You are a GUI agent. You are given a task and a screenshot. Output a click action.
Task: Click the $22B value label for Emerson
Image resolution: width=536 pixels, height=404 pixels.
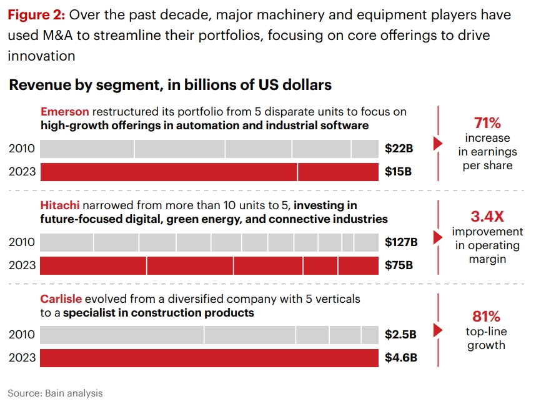399,149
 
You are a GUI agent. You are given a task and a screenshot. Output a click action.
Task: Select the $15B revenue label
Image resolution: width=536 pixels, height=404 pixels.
399,172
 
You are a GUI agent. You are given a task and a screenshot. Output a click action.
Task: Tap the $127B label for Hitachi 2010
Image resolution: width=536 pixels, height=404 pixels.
401,242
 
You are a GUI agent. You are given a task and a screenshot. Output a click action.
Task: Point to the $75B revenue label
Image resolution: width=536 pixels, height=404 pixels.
399,265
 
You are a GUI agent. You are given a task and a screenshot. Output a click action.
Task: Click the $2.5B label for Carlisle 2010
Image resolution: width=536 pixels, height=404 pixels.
401,335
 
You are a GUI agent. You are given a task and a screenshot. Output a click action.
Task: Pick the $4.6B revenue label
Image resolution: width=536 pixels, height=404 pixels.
401,358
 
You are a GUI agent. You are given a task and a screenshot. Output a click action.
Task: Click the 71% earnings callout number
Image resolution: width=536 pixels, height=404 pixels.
487,122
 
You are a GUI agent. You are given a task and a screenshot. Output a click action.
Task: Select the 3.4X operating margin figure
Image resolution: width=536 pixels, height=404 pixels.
487,217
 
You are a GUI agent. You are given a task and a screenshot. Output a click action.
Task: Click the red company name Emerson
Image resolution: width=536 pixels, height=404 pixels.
66,112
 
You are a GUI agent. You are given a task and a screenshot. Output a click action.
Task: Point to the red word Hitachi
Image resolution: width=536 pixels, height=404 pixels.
60,205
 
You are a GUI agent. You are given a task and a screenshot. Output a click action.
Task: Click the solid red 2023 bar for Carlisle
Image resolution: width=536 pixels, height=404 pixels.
209,358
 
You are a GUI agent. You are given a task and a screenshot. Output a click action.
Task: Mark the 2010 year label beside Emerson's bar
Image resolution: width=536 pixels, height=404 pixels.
22,149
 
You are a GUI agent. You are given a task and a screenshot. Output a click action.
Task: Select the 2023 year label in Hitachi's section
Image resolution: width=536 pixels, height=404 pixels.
22,265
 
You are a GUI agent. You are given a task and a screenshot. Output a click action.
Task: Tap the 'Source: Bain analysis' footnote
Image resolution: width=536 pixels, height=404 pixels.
55,393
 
